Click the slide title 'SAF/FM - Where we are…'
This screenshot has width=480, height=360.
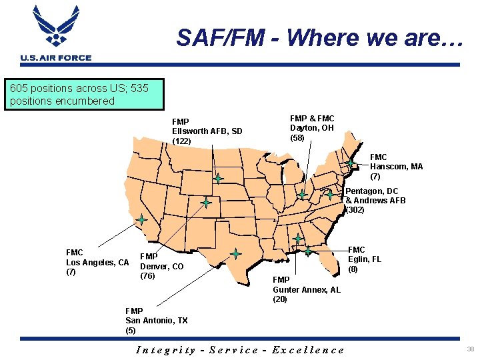[x=319, y=37]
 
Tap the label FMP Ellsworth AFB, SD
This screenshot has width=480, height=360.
[x=207, y=131]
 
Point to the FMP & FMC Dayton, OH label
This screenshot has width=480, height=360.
[x=312, y=128]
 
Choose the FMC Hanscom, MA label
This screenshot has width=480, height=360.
[x=396, y=167]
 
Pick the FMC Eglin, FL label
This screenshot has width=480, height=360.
[x=364, y=259]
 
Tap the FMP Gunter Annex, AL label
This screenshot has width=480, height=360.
[x=306, y=290]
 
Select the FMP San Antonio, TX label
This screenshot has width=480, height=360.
[x=156, y=321]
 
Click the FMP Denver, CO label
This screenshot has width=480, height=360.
[x=161, y=266]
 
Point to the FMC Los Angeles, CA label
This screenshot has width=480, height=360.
[x=97, y=262]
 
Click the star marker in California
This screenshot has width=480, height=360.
[x=142, y=219]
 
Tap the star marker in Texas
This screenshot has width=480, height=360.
[x=235, y=253]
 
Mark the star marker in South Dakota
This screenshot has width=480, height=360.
[x=218, y=179]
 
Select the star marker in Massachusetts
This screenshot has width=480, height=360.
[x=350, y=163]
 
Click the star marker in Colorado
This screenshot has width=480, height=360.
[x=206, y=202]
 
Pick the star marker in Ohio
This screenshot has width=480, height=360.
[x=302, y=194]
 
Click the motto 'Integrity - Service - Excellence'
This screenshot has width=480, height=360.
[x=240, y=350]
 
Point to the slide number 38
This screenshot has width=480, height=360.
[x=470, y=349]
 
